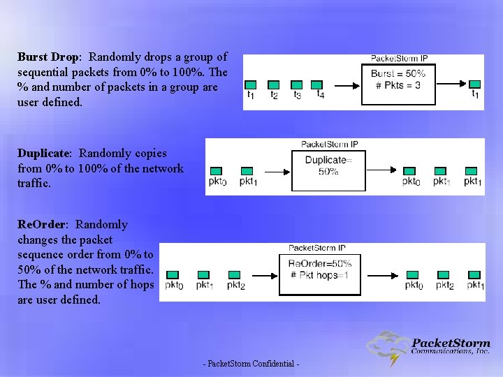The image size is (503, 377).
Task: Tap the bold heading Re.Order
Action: pyautogui.click(x=42, y=224)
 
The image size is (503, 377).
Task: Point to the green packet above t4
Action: pyautogui.click(x=316, y=84)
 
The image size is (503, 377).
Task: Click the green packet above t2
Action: pyautogui.click(x=274, y=84)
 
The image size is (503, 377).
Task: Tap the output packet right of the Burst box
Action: pyautogui.click(x=475, y=84)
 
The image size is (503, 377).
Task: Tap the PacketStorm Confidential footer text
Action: pyautogui.click(x=251, y=364)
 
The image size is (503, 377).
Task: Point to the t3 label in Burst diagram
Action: pyautogui.click(x=297, y=95)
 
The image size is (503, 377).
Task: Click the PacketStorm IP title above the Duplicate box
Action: pyautogui.click(x=329, y=145)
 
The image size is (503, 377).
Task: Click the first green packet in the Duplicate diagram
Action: pyautogui.click(x=216, y=171)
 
